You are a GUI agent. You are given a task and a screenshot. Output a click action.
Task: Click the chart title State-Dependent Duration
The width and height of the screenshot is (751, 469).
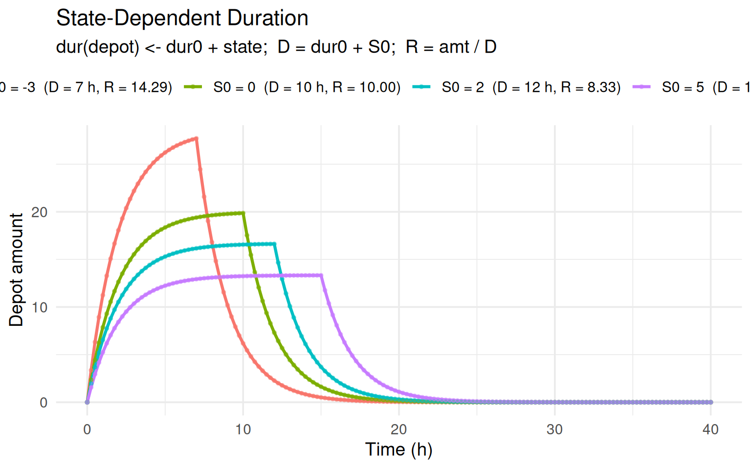click(x=182, y=19)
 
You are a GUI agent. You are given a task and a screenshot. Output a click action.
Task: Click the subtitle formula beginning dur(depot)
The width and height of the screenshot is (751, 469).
click(x=276, y=47)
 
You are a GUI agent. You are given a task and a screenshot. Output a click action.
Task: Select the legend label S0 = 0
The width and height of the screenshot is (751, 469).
click(x=307, y=87)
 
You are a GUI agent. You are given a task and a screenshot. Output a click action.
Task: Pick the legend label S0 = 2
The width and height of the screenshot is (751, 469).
click(x=531, y=87)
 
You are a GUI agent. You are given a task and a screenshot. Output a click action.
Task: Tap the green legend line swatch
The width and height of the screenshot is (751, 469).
click(x=193, y=87)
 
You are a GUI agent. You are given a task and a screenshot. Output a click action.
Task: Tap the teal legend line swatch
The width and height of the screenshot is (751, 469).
click(x=421, y=87)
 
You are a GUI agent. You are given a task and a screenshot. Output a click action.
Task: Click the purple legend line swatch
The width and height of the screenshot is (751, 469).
click(x=641, y=87)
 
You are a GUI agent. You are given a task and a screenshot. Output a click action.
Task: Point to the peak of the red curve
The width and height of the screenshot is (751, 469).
click(x=197, y=138)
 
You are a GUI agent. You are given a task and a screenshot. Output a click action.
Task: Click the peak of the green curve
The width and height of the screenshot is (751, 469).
click(x=243, y=213)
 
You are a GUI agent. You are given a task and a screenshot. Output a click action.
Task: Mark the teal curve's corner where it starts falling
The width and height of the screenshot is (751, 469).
click(x=274, y=244)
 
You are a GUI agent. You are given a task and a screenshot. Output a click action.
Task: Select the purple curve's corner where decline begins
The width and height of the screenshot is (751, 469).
click(x=321, y=276)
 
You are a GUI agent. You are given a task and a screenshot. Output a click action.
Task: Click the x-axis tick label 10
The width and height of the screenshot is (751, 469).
click(x=243, y=430)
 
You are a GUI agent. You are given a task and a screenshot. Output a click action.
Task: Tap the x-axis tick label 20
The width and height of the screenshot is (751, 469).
click(x=399, y=430)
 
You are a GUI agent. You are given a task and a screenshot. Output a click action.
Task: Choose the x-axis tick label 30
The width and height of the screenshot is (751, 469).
click(x=554, y=430)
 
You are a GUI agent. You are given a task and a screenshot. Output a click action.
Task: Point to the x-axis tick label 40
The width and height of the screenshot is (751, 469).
click(x=710, y=430)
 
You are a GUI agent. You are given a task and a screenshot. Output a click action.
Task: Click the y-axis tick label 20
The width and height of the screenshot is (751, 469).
click(x=39, y=212)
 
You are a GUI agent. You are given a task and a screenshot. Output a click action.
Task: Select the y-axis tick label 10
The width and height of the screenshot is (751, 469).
click(x=39, y=307)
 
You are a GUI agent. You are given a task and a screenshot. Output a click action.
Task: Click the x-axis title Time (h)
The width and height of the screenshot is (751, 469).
click(x=399, y=449)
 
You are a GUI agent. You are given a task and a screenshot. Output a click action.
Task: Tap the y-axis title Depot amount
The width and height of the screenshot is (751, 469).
click(x=16, y=270)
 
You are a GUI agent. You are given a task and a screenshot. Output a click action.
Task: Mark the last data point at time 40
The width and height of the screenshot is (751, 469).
click(x=710, y=402)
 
